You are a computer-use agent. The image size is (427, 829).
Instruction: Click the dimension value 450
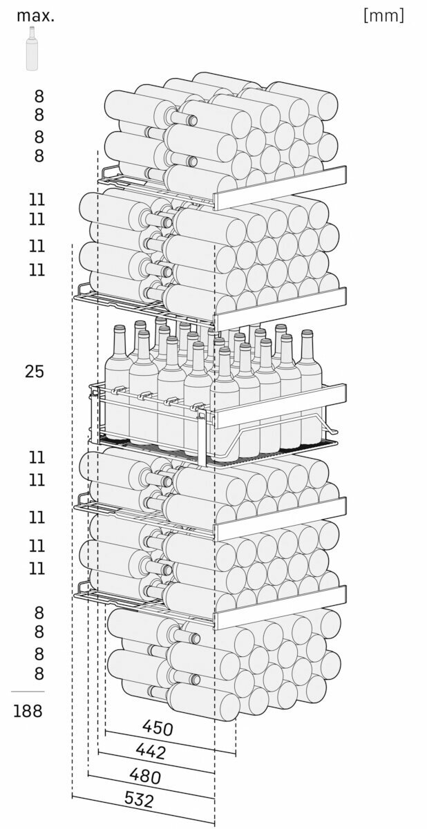[x=158, y=727]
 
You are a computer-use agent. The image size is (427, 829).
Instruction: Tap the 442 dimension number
[x=151, y=750]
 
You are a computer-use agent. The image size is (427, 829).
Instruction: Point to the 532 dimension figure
[x=139, y=800]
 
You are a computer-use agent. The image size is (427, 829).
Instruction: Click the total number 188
[x=28, y=711]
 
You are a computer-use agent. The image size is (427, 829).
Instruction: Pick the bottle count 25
[x=34, y=372]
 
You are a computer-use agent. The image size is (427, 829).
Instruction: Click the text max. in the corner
[x=35, y=15]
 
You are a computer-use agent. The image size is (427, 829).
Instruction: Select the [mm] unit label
[x=383, y=15]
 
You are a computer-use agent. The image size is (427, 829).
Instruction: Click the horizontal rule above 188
[x=28, y=692]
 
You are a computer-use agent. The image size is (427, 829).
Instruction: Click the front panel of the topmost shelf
[x=280, y=187]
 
